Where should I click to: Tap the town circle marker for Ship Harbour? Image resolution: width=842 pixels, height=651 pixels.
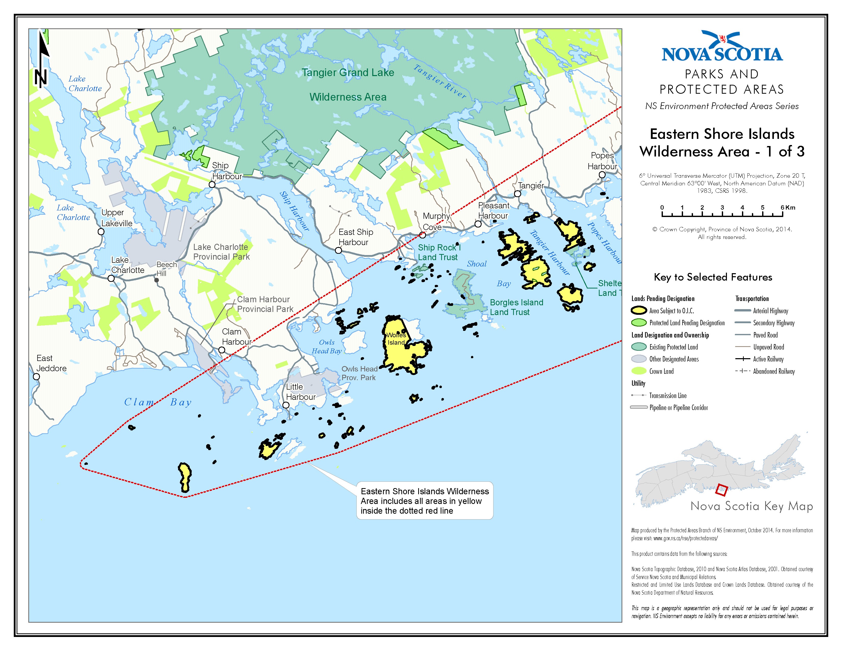tap(212, 185)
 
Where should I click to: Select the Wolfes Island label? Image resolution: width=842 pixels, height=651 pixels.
tap(396, 339)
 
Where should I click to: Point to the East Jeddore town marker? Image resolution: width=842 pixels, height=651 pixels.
tap(36, 377)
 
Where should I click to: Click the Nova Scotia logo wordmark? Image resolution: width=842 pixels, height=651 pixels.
tap(722, 54)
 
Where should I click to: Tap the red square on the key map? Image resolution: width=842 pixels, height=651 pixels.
tap(721, 490)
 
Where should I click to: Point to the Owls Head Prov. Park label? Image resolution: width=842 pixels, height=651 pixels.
tap(359, 373)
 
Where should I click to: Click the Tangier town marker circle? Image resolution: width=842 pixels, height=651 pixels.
tap(517, 194)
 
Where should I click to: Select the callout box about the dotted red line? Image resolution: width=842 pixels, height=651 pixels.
tap(425, 501)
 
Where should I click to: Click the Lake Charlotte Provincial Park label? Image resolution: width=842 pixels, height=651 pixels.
tap(221, 252)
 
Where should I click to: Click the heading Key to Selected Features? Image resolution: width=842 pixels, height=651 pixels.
tap(713, 277)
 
